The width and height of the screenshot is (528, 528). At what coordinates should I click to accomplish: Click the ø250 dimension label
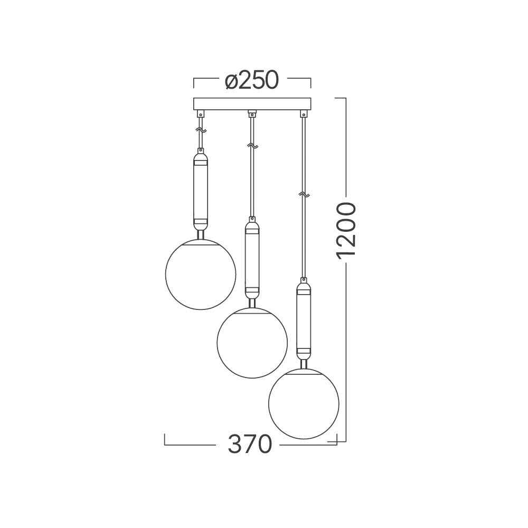(251, 80)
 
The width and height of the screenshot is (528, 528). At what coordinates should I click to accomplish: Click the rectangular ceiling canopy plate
(252, 103)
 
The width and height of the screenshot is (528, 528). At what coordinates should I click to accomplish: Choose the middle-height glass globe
(252, 343)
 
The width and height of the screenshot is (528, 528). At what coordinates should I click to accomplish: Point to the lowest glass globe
(304, 403)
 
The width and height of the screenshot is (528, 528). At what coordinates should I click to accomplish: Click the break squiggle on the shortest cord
(200, 129)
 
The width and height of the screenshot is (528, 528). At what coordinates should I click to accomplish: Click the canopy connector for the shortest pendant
(200, 114)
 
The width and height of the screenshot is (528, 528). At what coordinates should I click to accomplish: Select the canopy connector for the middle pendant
(252, 113)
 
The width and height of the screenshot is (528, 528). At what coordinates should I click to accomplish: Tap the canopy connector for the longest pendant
(304, 114)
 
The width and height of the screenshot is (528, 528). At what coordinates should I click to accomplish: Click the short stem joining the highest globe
(200, 234)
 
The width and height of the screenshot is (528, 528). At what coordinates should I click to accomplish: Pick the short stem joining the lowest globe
(304, 363)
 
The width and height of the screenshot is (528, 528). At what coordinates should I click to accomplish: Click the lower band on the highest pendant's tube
(200, 223)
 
